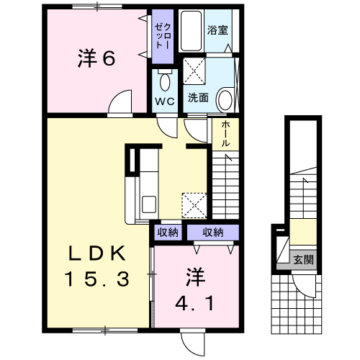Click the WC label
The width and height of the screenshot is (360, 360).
164,101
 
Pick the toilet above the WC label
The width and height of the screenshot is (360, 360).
164,80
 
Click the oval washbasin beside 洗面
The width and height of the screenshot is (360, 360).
225,99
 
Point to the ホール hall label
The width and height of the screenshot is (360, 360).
225,134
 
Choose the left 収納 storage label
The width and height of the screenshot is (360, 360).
168,232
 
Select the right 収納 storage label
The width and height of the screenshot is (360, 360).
212,232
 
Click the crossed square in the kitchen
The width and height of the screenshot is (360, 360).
194,204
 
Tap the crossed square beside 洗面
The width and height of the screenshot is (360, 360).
194,71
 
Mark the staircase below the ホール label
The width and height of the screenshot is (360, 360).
225,187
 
